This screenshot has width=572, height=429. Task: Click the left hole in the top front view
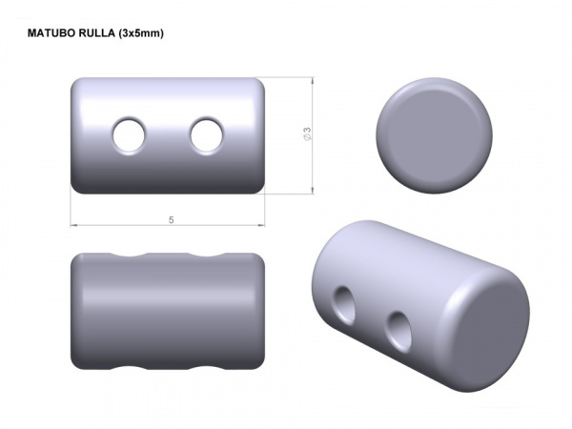(x=127, y=136)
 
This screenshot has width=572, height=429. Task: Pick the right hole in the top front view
(x=205, y=136)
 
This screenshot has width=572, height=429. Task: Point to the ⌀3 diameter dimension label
(x=307, y=135)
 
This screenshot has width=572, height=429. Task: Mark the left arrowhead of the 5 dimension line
(x=75, y=225)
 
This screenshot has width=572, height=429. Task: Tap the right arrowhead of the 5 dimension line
(x=259, y=225)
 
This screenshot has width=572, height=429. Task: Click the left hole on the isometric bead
(x=342, y=305)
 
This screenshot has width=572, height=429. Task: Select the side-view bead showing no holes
(x=167, y=312)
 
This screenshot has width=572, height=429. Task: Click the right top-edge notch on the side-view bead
(x=205, y=257)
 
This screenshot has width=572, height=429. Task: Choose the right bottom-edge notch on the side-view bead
(x=205, y=366)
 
